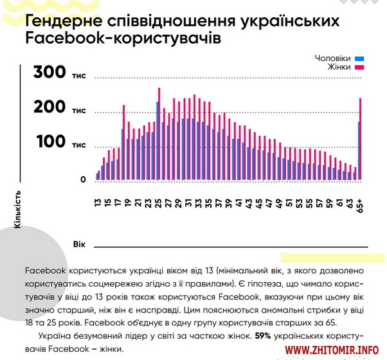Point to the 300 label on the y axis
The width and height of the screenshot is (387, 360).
pyautogui.click(x=50, y=73)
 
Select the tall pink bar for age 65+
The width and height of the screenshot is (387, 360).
pyautogui.click(x=361, y=138)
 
